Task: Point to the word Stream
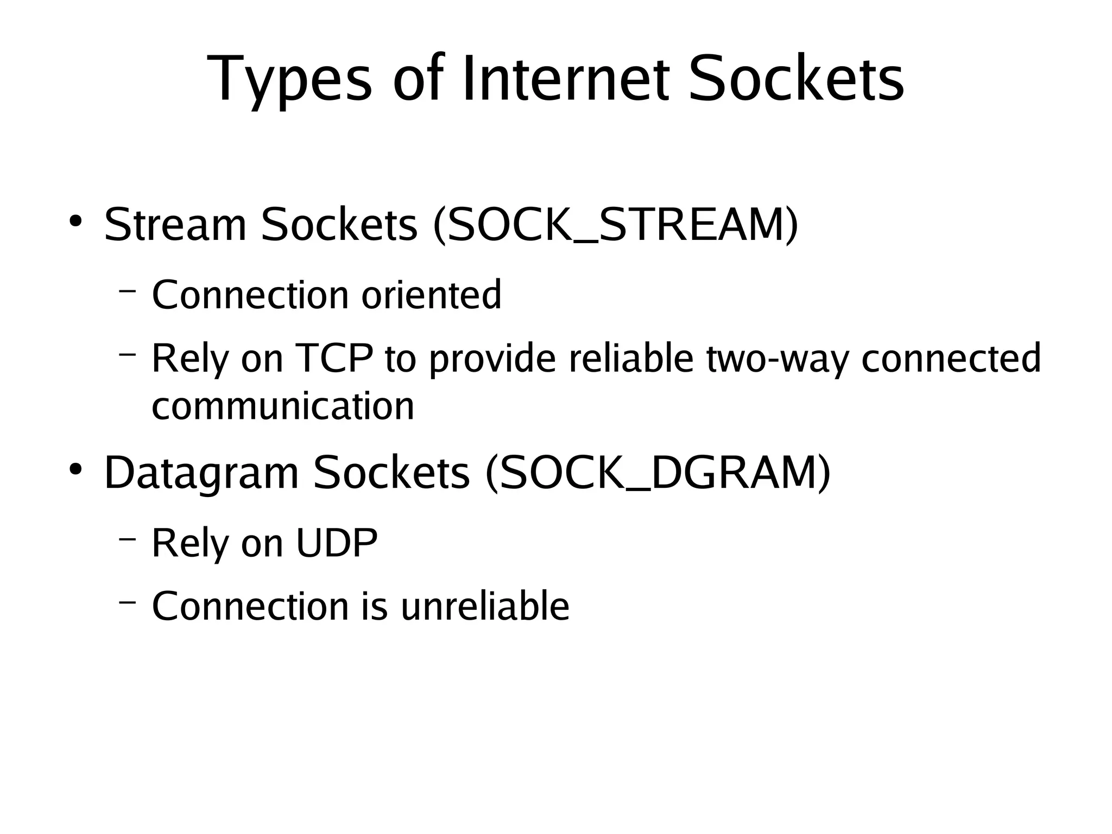175,225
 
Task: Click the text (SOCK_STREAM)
616,225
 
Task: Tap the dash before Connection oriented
127,292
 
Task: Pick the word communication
283,406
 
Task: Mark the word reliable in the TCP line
631,358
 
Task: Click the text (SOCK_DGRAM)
658,472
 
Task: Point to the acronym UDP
337,542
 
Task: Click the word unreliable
485,606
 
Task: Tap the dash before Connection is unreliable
127,602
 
